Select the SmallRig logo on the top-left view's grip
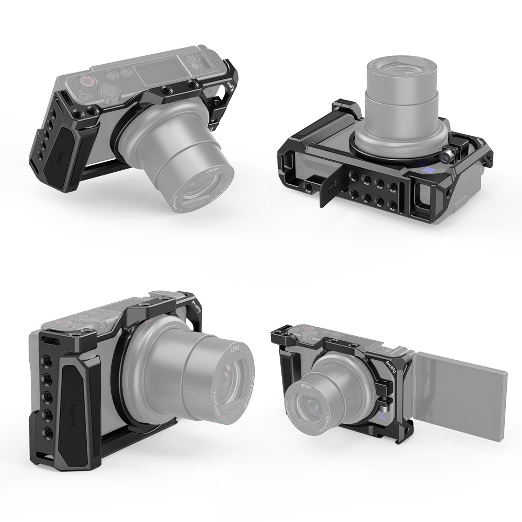pos(55,157)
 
